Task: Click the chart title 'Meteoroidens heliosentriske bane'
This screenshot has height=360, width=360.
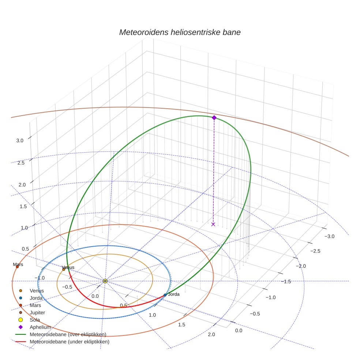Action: pyautogui.click(x=180, y=32)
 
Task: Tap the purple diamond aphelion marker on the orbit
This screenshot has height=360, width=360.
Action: pyautogui.click(x=214, y=117)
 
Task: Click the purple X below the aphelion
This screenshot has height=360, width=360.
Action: pyautogui.click(x=213, y=224)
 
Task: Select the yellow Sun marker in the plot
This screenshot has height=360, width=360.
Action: pyautogui.click(x=105, y=281)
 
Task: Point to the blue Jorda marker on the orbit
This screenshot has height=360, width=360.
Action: pyautogui.click(x=165, y=295)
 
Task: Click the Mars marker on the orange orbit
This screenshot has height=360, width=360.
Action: pyautogui.click(x=17, y=266)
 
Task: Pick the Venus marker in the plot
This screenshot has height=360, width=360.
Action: pyautogui.click(x=64, y=269)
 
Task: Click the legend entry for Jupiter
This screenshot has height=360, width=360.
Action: pyautogui.click(x=37, y=312)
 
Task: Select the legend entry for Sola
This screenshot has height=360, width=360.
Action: pyautogui.click(x=35, y=320)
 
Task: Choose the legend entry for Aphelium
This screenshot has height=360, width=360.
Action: pyautogui.click(x=40, y=327)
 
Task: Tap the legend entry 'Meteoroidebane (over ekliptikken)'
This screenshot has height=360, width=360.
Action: pyautogui.click(x=68, y=334)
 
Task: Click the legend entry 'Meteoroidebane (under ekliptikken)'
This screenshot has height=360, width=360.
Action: pyautogui.click(x=70, y=342)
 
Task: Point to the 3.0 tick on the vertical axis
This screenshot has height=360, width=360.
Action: pyautogui.click(x=20, y=140)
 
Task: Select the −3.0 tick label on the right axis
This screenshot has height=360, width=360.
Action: pyautogui.click(x=330, y=236)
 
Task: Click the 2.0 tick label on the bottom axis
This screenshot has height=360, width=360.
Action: pyautogui.click(x=211, y=334)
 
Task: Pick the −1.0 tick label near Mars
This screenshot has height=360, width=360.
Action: pyautogui.click(x=40, y=278)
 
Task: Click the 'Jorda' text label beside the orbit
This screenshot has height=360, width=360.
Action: pyautogui.click(x=173, y=294)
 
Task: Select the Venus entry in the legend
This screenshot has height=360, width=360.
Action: pyautogui.click(x=37, y=290)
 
